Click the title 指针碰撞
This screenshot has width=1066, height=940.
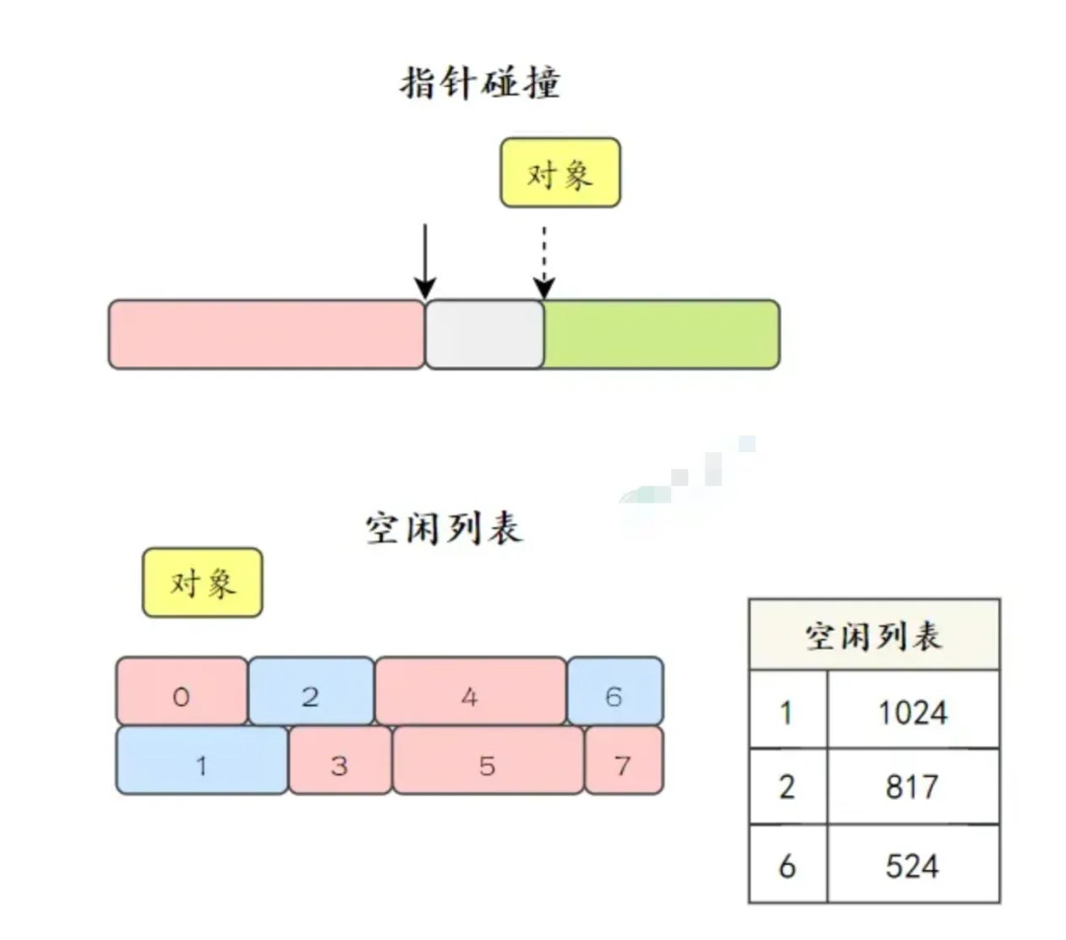(x=480, y=83)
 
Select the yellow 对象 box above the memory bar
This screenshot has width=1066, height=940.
(x=560, y=173)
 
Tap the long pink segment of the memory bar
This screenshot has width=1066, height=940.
(x=266, y=335)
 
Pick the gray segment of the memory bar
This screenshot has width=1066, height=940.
(x=485, y=335)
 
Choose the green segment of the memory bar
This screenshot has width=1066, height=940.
(x=661, y=335)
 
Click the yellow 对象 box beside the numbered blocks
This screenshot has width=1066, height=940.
(x=202, y=583)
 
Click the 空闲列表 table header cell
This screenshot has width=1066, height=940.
(x=874, y=635)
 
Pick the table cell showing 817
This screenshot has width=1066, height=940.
(x=913, y=787)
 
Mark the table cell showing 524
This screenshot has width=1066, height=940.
(x=913, y=865)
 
